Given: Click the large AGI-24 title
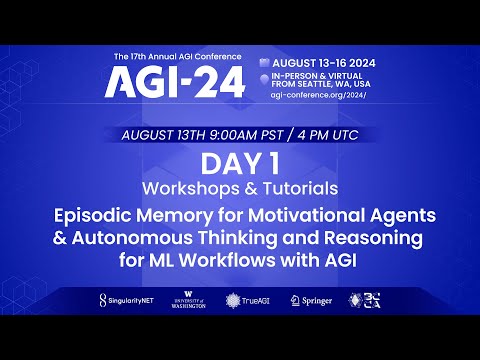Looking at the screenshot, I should tap(175, 82).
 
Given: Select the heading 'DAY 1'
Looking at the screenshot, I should tap(239, 163).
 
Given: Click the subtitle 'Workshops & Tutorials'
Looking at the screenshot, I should tap(239, 188).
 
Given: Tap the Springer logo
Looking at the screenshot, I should tap(310, 300).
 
